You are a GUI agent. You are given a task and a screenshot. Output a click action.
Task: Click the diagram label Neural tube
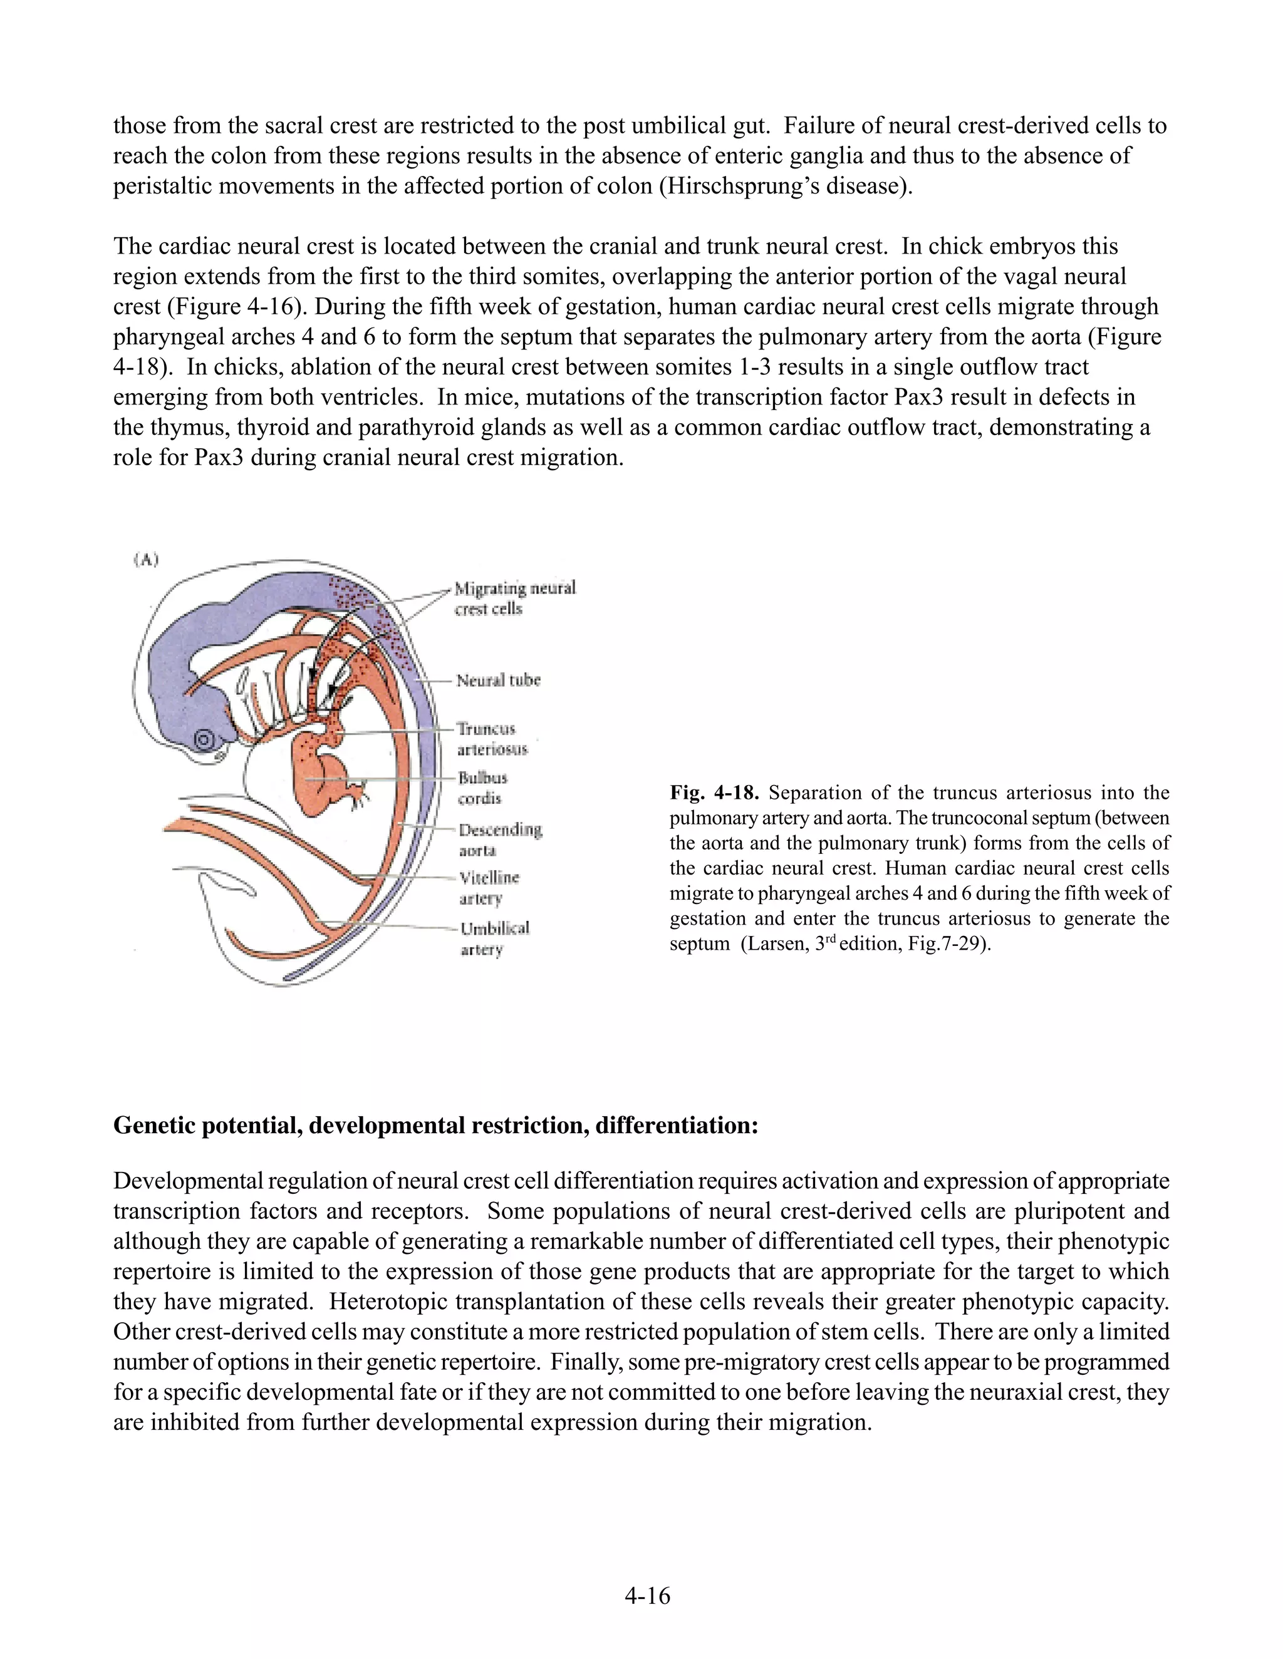498,680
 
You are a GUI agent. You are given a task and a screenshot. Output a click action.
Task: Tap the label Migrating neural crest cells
514,598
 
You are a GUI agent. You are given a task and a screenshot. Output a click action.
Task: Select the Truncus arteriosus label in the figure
492,738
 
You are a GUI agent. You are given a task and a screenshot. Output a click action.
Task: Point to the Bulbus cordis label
482,788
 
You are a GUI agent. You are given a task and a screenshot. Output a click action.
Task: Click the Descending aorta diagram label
499,840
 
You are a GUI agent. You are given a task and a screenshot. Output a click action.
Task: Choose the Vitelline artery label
489,887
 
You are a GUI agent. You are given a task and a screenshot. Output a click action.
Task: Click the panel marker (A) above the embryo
146,560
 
